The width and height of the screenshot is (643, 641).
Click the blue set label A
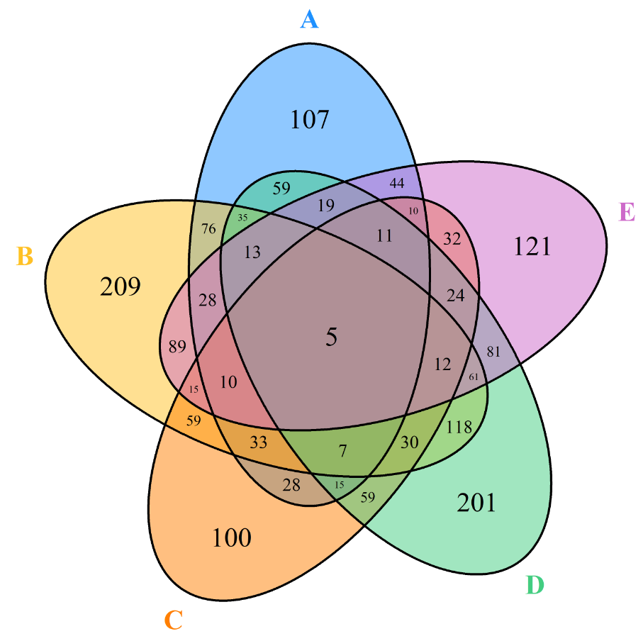[309, 20]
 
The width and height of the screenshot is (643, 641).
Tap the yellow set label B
[25, 256]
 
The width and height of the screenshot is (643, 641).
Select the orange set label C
[174, 621]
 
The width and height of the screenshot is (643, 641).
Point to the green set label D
[535, 586]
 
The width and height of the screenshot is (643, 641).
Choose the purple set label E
[627, 212]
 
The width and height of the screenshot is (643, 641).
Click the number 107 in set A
[310, 120]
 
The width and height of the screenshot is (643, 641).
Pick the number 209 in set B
[120, 287]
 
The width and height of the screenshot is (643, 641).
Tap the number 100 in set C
[232, 538]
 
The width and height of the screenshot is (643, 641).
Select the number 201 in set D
[476, 503]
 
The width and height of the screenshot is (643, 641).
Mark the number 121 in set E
[532, 246]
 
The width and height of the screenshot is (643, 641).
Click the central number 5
[331, 338]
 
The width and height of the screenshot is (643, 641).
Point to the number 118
[459, 428]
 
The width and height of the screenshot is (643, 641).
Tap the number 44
[398, 184]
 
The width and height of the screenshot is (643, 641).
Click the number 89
[178, 347]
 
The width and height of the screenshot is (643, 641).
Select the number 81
[494, 352]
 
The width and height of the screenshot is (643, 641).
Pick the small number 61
[474, 376]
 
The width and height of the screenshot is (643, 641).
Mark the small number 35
[243, 218]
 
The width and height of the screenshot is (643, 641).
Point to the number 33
[259, 442]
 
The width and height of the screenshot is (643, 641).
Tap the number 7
[343, 450]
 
